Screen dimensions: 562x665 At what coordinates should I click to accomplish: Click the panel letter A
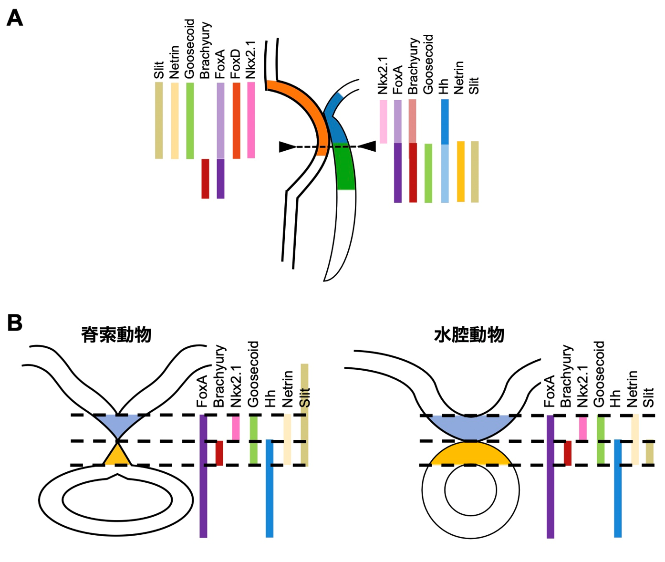[x=15, y=19]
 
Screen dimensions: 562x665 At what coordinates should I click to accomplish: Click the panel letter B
[x=15, y=323]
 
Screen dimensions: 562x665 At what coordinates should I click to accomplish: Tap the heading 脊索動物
[x=116, y=335]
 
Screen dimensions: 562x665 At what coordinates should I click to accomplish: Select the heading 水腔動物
[x=469, y=335]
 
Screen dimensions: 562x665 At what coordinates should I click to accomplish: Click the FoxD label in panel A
[x=236, y=64]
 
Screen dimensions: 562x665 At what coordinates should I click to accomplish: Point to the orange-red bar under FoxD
[x=236, y=121]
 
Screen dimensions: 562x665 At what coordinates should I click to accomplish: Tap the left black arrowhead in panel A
[x=287, y=147]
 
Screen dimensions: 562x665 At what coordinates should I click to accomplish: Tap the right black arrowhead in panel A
[x=368, y=146]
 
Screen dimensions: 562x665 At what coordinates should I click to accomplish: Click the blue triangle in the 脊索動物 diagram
[x=117, y=424]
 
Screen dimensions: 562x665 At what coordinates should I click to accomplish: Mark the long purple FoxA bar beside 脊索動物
[x=203, y=477]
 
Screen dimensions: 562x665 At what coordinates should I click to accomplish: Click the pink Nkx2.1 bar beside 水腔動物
[x=582, y=428]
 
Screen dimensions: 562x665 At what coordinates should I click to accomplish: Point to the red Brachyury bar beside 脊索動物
[x=219, y=453]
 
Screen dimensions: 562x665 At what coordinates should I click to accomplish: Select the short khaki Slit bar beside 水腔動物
[x=649, y=453]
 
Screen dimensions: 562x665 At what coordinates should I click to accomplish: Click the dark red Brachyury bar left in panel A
[x=205, y=178]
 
